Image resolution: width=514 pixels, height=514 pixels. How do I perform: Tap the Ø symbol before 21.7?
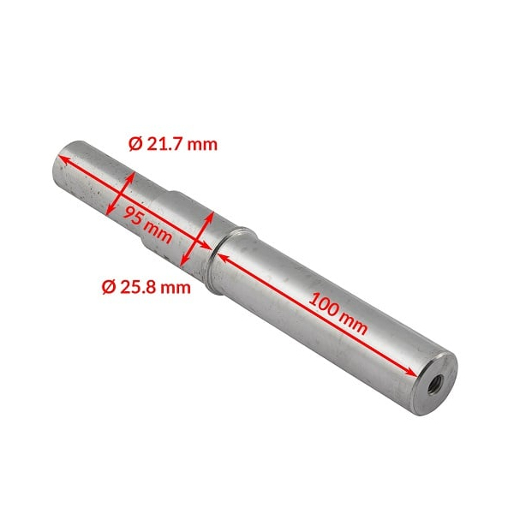click(134, 144)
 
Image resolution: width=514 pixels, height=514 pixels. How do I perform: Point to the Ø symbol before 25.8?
click(108, 286)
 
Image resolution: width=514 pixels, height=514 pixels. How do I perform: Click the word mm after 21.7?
click(204, 144)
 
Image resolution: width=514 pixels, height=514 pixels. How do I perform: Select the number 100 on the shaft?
click(322, 305)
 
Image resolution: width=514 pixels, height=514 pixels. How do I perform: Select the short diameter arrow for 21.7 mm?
click(122, 194)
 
